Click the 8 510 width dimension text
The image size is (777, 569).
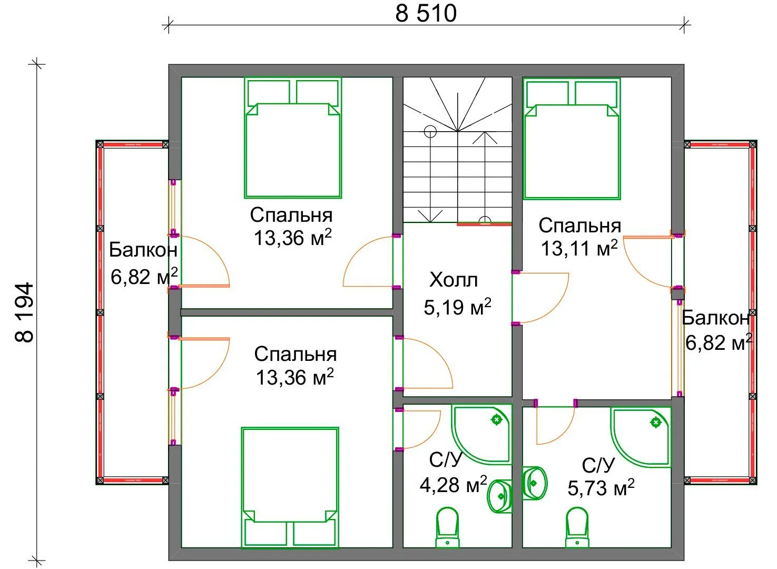coord(426,13)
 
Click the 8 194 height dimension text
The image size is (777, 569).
coord(25,313)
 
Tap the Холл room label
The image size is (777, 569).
coord(454,280)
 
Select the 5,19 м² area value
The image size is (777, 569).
coord(457,306)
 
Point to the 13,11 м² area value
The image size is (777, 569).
coord(579,248)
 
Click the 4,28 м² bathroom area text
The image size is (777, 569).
coord(453,484)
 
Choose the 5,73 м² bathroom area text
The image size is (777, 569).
coord(601,487)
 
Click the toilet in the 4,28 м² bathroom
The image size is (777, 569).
coord(448,527)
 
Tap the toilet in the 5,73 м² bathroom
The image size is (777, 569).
coord(577,527)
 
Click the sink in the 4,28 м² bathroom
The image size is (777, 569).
coord(499,496)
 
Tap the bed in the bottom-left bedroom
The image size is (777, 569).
coord(290,487)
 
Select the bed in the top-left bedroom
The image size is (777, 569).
coord(293,138)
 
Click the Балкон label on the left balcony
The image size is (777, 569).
coord(143,250)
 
